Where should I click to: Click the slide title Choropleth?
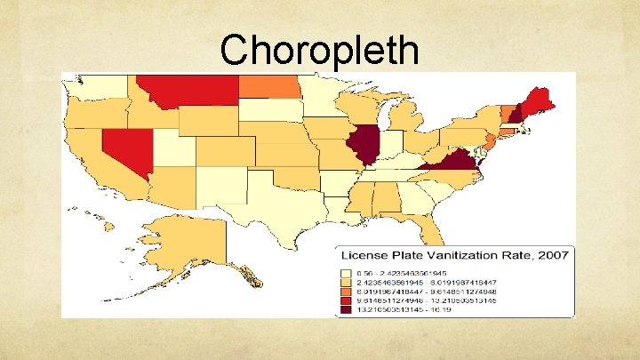pyautogui.click(x=320, y=50)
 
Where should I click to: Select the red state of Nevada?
pyautogui.click(x=125, y=150)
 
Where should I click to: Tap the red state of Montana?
pyautogui.click(x=190, y=89)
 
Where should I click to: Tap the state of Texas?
pyautogui.click(x=270, y=208)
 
